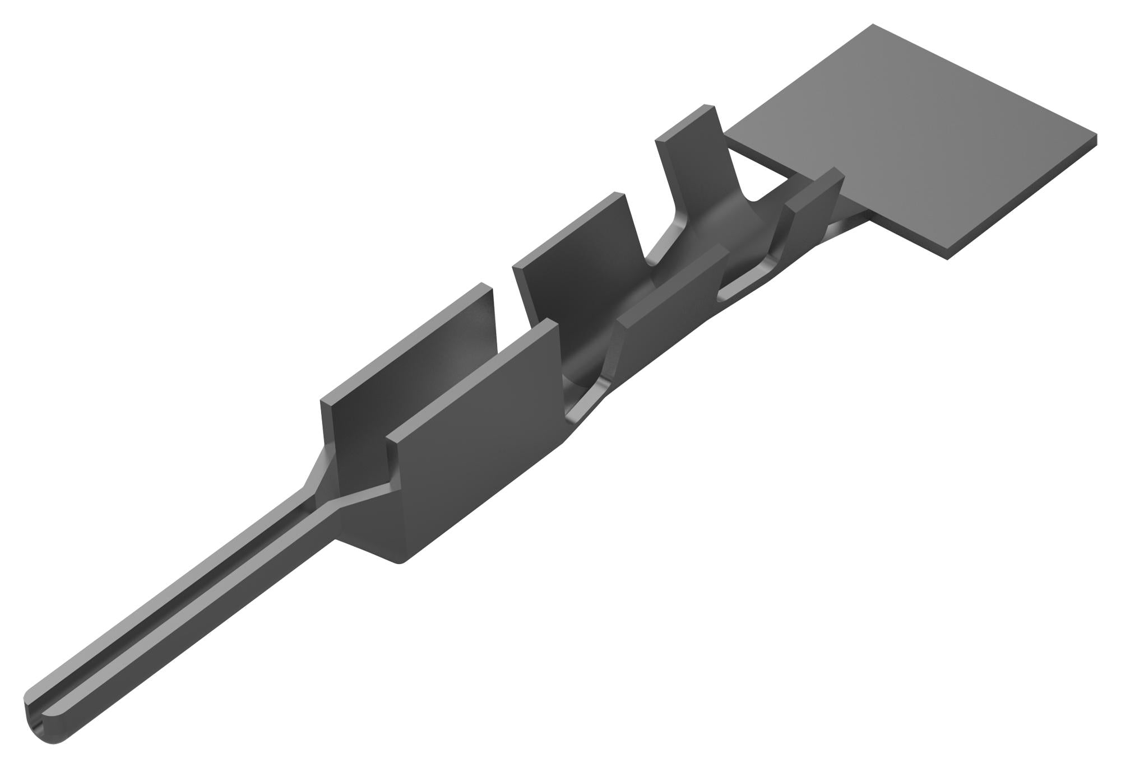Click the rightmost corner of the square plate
point(1096,136)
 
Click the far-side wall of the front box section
point(404,359)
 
